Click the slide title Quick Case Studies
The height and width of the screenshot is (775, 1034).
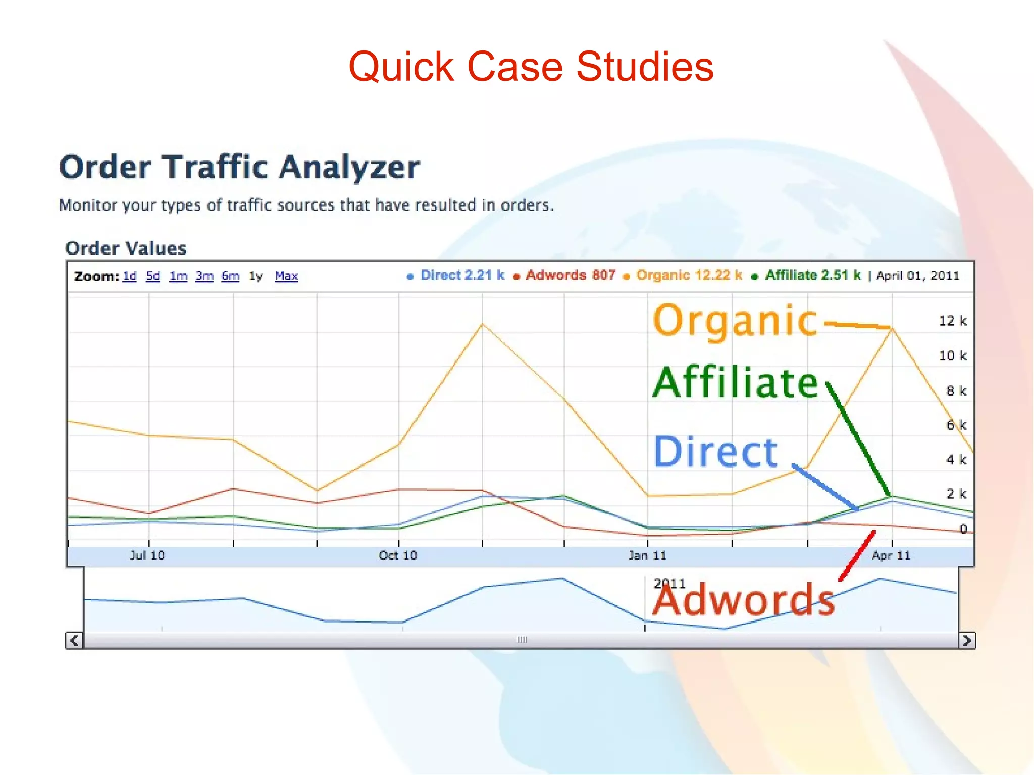click(531, 67)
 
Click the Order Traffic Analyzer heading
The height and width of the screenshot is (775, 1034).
click(239, 167)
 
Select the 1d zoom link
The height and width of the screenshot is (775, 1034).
click(130, 276)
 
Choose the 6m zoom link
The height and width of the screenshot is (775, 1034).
click(230, 276)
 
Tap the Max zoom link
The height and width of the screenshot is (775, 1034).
click(286, 276)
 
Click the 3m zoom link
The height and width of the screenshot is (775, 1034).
click(204, 276)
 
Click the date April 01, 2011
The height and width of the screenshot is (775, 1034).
click(917, 276)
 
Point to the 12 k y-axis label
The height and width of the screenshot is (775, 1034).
click(952, 321)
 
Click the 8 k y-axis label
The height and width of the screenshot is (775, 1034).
click(956, 391)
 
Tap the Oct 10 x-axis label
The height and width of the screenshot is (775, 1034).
click(398, 556)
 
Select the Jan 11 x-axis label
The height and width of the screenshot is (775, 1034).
click(647, 556)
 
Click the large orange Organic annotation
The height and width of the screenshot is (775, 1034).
click(734, 321)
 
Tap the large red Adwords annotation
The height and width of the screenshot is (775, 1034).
click(743, 600)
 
